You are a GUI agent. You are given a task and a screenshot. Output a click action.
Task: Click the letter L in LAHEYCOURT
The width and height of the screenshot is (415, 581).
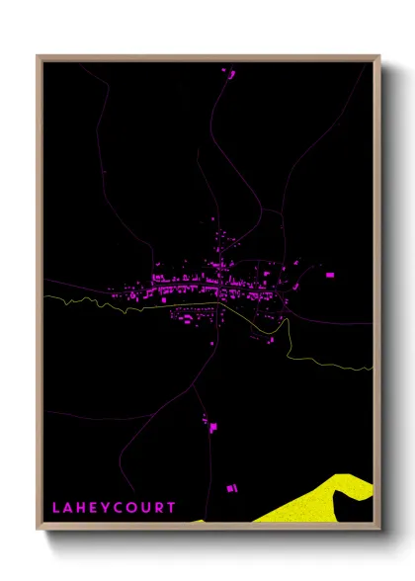click(x=57, y=507)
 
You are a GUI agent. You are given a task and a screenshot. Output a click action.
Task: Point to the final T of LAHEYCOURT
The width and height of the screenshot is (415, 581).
click(x=172, y=507)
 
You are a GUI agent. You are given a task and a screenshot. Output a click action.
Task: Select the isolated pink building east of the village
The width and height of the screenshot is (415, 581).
click(x=329, y=274)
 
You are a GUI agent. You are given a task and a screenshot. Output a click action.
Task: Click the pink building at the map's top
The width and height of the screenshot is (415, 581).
click(x=224, y=72)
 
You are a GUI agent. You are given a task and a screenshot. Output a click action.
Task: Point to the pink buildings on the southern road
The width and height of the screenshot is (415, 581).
click(x=210, y=424)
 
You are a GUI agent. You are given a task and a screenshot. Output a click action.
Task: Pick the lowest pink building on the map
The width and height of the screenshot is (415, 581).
click(x=233, y=488)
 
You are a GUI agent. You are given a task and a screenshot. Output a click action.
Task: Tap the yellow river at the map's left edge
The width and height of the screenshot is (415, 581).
click(x=49, y=296)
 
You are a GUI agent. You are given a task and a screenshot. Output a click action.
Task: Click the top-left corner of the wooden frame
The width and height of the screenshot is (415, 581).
click(x=39, y=56)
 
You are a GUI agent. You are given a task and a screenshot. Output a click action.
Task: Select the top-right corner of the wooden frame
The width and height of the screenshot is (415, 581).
click(x=378, y=56)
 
